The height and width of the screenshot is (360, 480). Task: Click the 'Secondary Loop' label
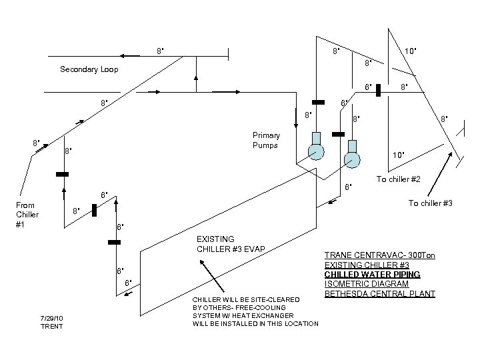(x=89, y=69)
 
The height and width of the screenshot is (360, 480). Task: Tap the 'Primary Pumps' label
(x=266, y=140)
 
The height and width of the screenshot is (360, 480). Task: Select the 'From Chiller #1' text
(x=27, y=215)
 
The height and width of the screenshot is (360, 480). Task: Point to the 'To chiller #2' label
(x=398, y=179)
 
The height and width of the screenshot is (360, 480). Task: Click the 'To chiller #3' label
(x=430, y=203)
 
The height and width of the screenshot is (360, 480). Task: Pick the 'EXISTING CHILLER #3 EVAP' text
(x=231, y=244)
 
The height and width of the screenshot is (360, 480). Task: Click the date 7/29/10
(x=51, y=319)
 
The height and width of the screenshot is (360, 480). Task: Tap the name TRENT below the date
(x=51, y=326)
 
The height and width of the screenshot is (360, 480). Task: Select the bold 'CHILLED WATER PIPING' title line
(x=372, y=274)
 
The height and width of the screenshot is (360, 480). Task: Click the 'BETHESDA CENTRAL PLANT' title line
(x=380, y=294)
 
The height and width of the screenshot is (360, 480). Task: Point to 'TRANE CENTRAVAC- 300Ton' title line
(x=380, y=255)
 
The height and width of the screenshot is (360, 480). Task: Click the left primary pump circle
(x=316, y=151)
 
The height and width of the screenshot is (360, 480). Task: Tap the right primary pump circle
(x=352, y=160)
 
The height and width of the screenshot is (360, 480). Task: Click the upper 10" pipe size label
(x=411, y=51)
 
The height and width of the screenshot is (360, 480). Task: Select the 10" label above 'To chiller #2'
(x=398, y=155)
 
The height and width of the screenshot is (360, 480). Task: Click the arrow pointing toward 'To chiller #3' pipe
(x=440, y=174)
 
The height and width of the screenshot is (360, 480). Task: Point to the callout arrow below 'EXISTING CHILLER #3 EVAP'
(x=212, y=276)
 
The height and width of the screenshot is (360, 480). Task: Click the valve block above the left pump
(x=319, y=102)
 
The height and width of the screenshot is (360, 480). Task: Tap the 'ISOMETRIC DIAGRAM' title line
(x=367, y=284)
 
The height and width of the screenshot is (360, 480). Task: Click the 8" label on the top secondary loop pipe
(x=160, y=51)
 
